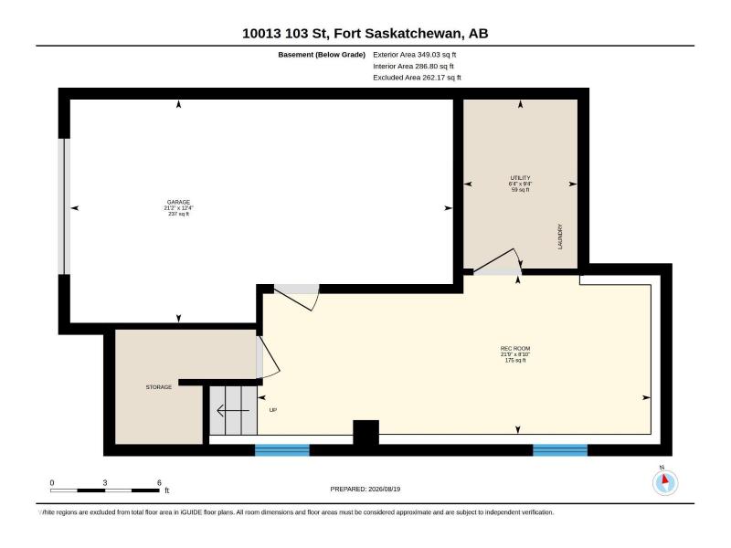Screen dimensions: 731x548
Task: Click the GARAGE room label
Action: coord(178,202)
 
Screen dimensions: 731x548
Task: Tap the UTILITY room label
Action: coord(520,178)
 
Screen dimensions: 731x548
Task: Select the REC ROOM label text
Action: coord(515,349)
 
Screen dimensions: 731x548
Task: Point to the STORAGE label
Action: coord(158,387)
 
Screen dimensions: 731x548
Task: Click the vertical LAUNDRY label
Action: coord(560,237)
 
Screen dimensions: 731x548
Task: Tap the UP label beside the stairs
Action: coord(273,410)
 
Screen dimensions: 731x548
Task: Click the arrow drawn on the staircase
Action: coord(233,410)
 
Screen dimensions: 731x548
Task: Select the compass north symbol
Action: coord(665,482)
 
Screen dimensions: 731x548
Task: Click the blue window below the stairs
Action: coord(282,450)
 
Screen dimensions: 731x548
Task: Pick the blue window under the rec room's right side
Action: coord(560,450)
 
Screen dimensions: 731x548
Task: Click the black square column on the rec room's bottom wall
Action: coord(366,432)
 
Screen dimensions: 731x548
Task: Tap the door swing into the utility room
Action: coord(498,261)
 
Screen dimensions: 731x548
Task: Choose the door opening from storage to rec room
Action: coord(268,357)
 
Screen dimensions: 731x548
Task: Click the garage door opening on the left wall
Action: coord(64,206)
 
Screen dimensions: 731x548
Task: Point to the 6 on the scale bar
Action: coord(159,483)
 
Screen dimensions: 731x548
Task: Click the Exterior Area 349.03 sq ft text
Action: coord(415,55)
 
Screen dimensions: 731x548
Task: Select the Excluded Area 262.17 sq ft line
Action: coord(417,78)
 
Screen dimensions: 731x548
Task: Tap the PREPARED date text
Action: coord(365,489)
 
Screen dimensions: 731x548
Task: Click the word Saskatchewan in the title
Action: coord(414,34)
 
